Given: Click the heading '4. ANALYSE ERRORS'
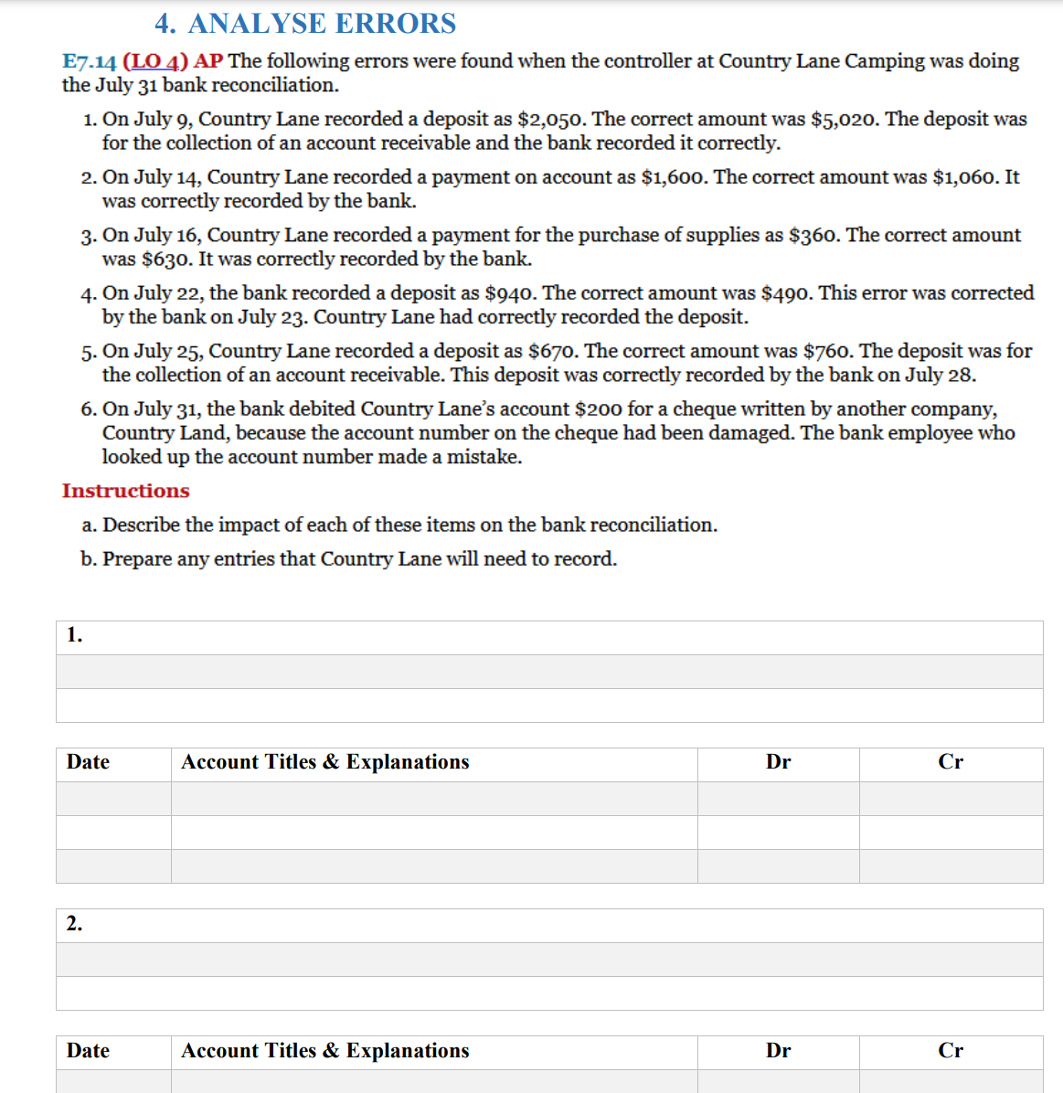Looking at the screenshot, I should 305,23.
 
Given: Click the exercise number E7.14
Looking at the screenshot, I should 89,61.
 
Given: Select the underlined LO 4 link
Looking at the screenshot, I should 155,61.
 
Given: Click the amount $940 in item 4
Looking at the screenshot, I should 510,292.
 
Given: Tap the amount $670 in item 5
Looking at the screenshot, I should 551,351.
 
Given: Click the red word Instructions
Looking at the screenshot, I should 126,491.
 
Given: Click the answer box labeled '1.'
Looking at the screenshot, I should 548,637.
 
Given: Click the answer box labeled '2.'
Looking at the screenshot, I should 548,925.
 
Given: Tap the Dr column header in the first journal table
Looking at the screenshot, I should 778,762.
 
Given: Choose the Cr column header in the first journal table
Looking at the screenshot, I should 951,762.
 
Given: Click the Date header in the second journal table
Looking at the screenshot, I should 88,1051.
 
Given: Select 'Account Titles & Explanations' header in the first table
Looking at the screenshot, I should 324,762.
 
